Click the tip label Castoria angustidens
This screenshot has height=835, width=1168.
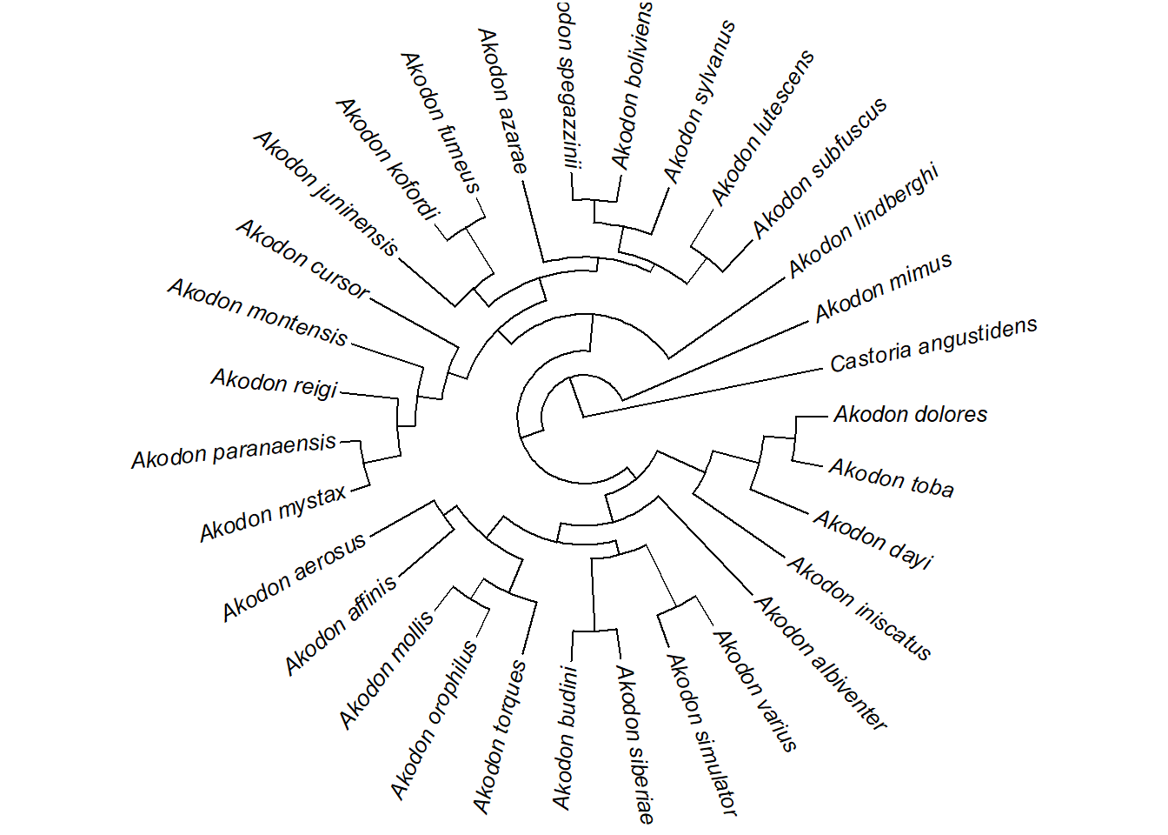(x=933, y=345)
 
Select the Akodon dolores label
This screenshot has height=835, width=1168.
(x=910, y=414)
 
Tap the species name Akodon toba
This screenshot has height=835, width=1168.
(x=891, y=478)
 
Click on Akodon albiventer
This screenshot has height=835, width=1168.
(x=820, y=663)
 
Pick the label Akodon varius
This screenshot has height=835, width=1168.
(x=754, y=691)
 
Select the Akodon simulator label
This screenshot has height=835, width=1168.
(x=702, y=735)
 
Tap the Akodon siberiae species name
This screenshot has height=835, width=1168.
(x=635, y=744)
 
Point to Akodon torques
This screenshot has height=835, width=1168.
(x=499, y=737)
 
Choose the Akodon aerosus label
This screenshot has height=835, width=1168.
(x=294, y=578)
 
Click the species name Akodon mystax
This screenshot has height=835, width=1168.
(x=273, y=514)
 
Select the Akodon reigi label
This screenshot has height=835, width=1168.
(x=275, y=383)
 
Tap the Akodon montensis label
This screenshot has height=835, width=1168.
(x=258, y=312)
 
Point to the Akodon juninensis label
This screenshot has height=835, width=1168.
(x=326, y=193)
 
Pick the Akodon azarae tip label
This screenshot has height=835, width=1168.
(x=502, y=101)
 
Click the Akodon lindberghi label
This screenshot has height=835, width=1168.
(x=863, y=221)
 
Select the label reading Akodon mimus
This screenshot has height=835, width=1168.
(x=883, y=288)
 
